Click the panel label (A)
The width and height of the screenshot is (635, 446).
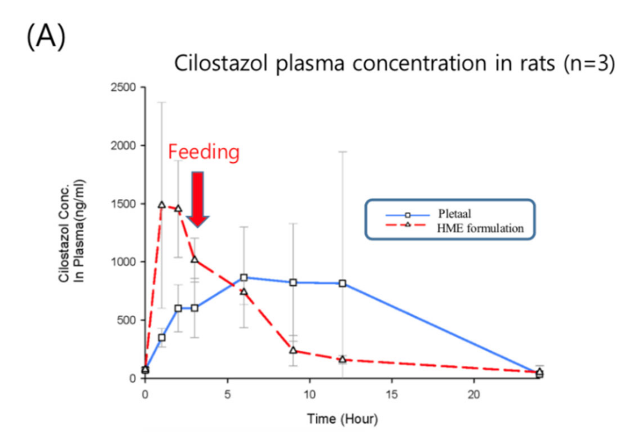(46, 36)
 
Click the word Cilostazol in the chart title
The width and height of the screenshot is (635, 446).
(220, 63)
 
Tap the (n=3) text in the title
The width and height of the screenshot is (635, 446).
(589, 63)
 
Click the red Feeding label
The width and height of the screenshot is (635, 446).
(204, 152)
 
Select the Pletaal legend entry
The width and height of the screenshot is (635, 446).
(454, 214)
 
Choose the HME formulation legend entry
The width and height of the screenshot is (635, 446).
(480, 228)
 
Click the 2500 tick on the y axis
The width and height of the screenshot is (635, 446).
(123, 88)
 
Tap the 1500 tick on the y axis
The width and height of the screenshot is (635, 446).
(123, 204)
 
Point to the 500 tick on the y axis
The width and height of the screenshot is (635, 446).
(126, 320)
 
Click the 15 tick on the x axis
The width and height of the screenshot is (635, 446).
(392, 394)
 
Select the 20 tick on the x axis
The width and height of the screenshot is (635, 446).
(474, 394)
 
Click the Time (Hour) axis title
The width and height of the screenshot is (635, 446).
(343, 419)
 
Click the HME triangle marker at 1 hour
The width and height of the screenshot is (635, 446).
(162, 205)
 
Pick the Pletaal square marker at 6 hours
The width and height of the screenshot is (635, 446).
(244, 278)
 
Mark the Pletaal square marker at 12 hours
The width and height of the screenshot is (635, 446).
(343, 283)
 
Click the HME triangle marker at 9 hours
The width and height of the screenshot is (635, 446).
(293, 350)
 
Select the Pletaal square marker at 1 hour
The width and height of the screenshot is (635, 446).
(162, 338)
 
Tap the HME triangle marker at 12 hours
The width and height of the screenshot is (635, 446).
(343, 359)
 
